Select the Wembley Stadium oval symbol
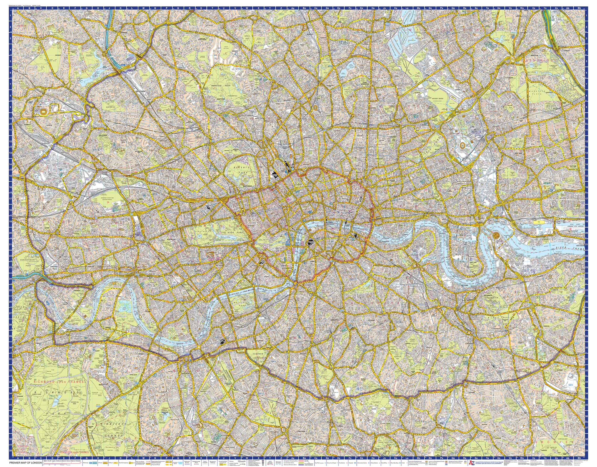point(43,111)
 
